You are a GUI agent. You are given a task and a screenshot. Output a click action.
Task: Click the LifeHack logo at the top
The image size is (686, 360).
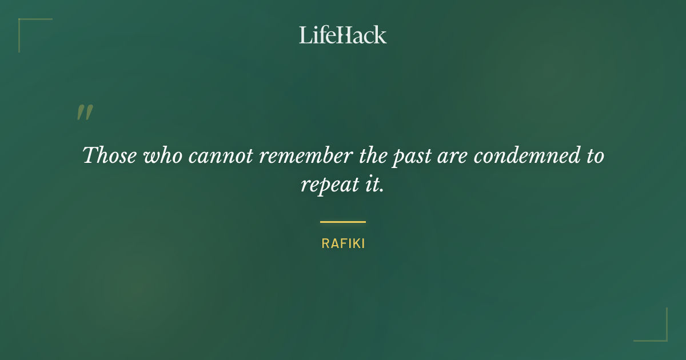click(343, 35)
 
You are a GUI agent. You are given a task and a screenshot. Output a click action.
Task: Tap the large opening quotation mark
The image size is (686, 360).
click(84, 113)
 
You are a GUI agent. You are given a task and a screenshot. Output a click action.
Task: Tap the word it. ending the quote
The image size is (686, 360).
click(374, 185)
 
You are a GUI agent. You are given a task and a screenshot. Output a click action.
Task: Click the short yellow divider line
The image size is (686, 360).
click(343, 222)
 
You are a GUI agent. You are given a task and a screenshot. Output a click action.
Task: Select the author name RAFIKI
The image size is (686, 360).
click(343, 243)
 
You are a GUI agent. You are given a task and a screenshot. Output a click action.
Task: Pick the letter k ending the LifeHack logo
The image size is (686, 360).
click(381, 35)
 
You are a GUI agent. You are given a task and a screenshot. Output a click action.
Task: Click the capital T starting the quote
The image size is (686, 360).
click(90, 155)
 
